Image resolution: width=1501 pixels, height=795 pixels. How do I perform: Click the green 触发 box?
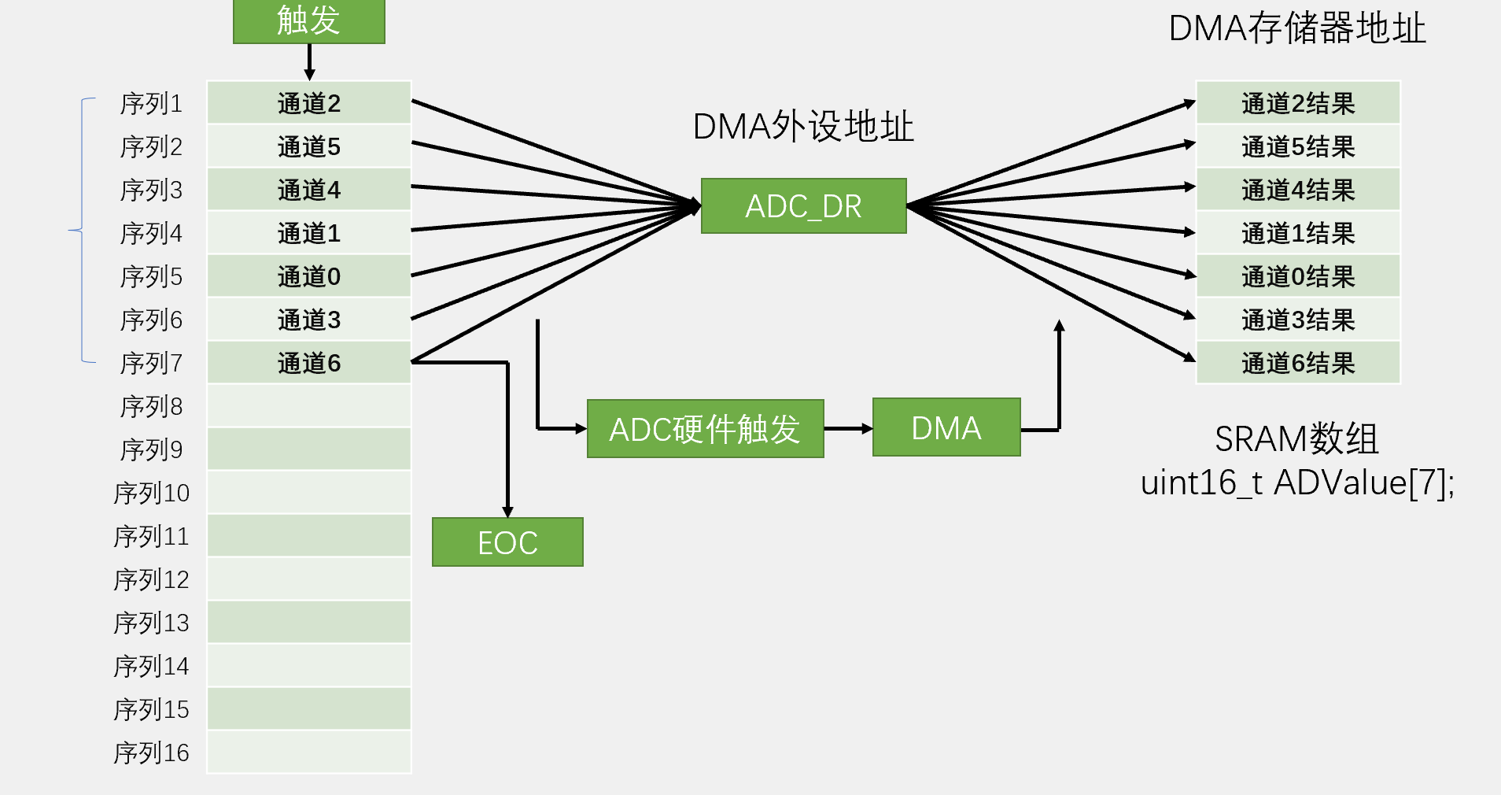coord(309,21)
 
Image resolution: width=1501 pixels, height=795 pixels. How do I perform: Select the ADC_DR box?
coord(803,206)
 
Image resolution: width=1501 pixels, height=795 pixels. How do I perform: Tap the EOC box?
coord(507,542)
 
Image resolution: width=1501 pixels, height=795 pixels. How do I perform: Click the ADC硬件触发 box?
coord(705,429)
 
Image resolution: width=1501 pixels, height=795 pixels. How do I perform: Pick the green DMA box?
coord(946,427)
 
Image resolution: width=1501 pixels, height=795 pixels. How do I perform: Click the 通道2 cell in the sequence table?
coord(309,102)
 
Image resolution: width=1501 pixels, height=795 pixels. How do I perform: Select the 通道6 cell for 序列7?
coord(309,362)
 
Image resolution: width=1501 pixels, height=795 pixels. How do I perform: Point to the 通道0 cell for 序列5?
coord(309,275)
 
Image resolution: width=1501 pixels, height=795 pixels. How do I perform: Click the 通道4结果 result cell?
coord(1298,189)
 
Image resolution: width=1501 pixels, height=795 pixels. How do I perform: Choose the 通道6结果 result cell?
coord(1298,362)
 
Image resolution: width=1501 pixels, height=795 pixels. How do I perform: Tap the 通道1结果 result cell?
coord(1298,232)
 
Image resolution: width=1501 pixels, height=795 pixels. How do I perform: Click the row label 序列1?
coord(151,103)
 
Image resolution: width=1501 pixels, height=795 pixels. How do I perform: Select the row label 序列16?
coord(151,752)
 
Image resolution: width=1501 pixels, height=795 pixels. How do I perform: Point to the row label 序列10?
coord(151,493)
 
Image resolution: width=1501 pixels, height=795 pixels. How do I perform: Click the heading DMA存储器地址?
coord(1297,28)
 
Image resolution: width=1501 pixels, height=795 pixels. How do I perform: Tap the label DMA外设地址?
coord(803,126)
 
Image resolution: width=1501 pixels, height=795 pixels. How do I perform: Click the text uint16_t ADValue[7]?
coord(1297,483)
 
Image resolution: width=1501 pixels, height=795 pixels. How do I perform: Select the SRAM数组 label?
coord(1296,438)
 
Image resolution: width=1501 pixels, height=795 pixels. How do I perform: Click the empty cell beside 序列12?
coord(309,579)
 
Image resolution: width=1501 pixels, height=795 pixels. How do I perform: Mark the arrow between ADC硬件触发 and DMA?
coord(848,429)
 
